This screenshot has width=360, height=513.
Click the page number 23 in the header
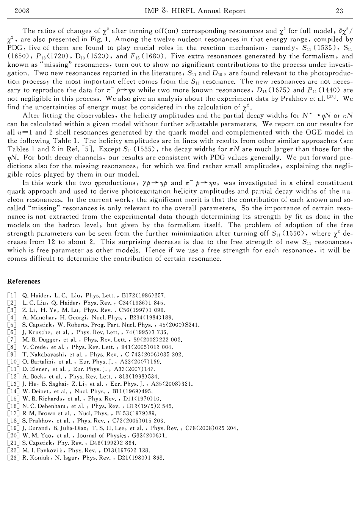(339, 11)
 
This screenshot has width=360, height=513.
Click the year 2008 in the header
(22, 11)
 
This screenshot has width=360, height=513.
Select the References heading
(23, 282)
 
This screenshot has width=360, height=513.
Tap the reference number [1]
(12, 296)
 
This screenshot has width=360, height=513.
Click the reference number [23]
(13, 458)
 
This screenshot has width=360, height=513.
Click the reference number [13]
(13, 384)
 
